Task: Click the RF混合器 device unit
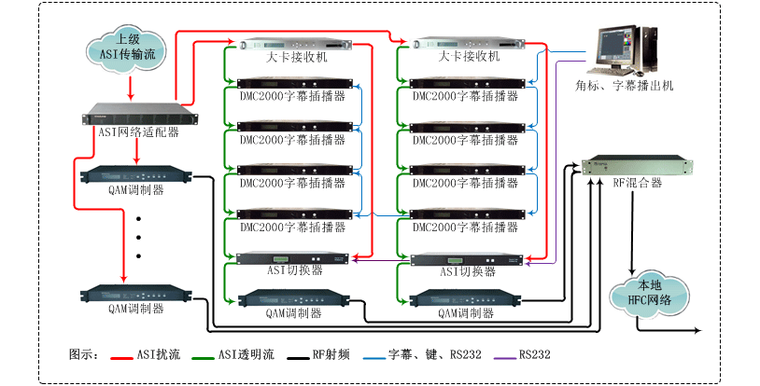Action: click(x=637, y=165)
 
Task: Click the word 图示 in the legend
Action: click(x=83, y=355)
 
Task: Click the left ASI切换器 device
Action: click(x=292, y=257)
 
